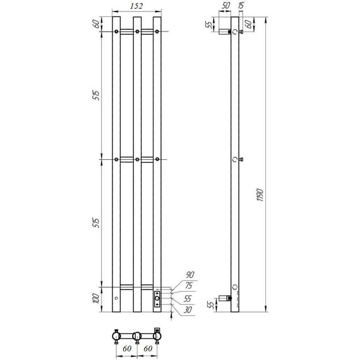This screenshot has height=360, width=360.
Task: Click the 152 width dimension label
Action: pyautogui.click(x=136, y=6)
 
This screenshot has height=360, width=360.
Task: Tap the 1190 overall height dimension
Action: pyautogui.click(x=260, y=195)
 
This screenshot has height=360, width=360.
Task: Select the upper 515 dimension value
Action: pyautogui.click(x=97, y=95)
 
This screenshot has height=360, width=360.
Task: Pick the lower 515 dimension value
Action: pyautogui.click(x=97, y=223)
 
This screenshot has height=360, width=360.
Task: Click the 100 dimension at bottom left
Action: pyautogui.click(x=96, y=298)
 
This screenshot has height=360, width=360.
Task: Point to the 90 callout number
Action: pyautogui.click(x=190, y=275)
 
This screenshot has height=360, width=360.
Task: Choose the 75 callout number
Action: pyautogui.click(x=188, y=285)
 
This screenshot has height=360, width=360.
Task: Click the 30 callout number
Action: pyautogui.click(x=188, y=309)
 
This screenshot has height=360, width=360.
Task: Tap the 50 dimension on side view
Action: pyautogui.click(x=225, y=6)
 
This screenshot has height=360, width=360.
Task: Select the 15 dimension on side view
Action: pyautogui.click(x=241, y=6)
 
